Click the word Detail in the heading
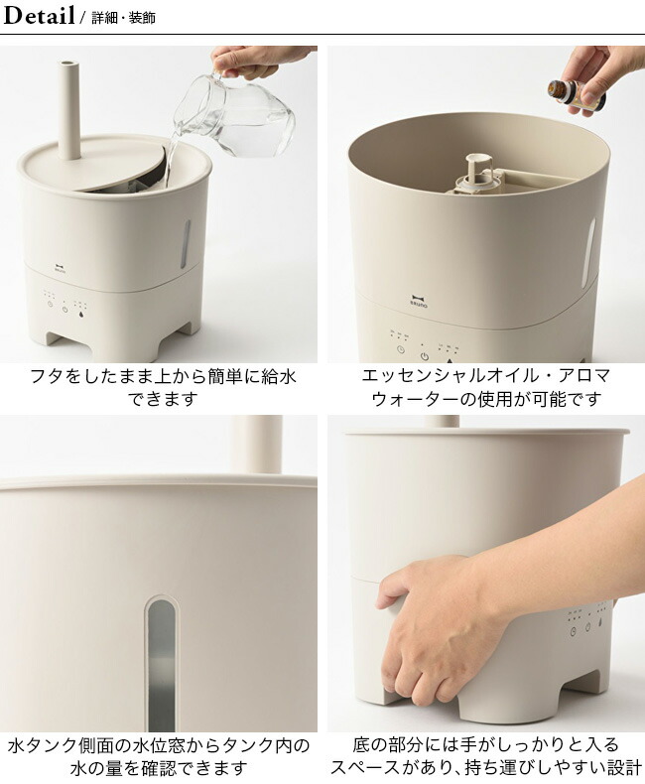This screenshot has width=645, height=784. pos(39,16)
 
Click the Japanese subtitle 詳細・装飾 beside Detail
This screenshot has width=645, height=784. pos(123,18)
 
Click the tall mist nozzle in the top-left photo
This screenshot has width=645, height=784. pos(68,110)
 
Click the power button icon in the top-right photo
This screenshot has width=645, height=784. pos(425,357)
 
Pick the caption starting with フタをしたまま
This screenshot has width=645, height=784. pos(163,387)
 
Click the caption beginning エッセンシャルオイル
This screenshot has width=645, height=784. pos(485,387)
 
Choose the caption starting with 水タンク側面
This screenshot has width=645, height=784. pos(159,756)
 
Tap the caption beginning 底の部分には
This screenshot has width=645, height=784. pos(485,756)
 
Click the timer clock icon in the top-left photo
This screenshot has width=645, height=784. pos(50,304)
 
